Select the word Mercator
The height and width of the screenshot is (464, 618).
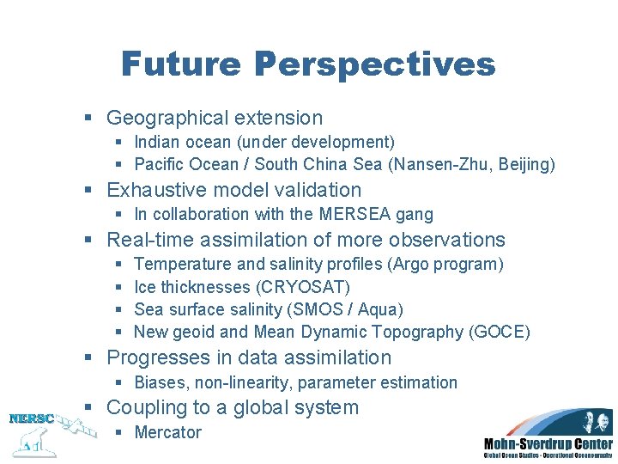168,432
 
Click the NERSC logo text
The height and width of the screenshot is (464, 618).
31,419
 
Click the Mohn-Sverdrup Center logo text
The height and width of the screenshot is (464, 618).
548,443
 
